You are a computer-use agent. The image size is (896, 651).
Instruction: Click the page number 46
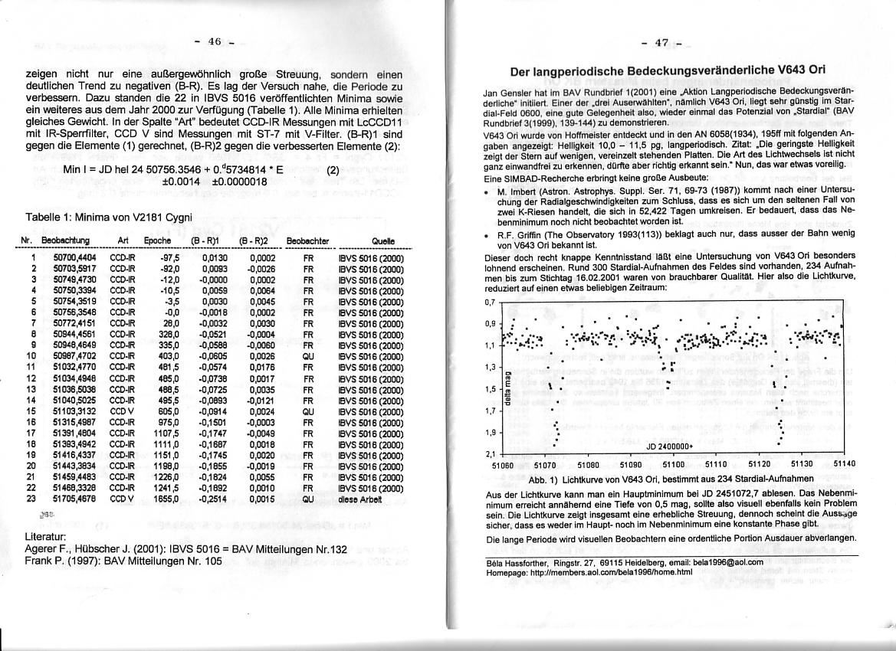coord(215,41)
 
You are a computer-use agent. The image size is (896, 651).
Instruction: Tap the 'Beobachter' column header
coord(307,240)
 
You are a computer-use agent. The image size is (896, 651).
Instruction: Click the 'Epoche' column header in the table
coord(156,240)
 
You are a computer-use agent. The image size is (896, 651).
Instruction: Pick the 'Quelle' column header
coord(382,240)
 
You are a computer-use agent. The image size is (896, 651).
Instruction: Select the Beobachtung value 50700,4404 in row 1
coord(74,258)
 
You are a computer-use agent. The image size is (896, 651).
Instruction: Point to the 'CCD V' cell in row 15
coord(122,410)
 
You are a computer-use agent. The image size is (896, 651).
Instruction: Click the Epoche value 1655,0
coord(166,498)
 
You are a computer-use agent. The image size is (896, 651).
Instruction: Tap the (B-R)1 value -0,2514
coord(214,498)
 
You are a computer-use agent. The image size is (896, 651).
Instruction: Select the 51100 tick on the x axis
coord(673,464)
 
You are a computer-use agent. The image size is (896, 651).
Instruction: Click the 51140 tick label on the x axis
coord(844,464)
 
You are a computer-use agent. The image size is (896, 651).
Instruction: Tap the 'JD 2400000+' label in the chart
coord(669,447)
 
